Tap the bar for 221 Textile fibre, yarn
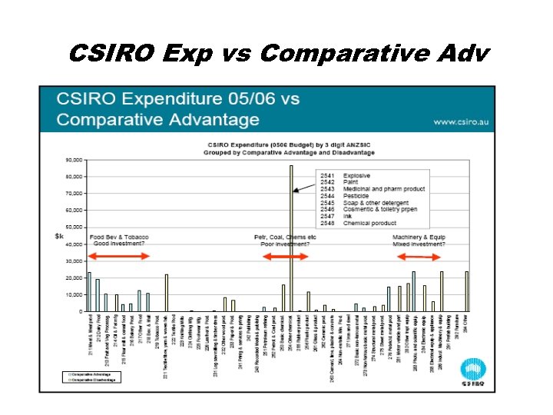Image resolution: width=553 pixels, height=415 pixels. (x=167, y=293)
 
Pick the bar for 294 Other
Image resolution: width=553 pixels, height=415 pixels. (x=466, y=291)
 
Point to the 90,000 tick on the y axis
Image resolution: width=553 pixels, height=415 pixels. (x=75, y=160)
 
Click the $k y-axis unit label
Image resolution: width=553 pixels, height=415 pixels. (x=59, y=237)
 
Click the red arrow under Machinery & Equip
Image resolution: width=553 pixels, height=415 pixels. (x=419, y=256)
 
